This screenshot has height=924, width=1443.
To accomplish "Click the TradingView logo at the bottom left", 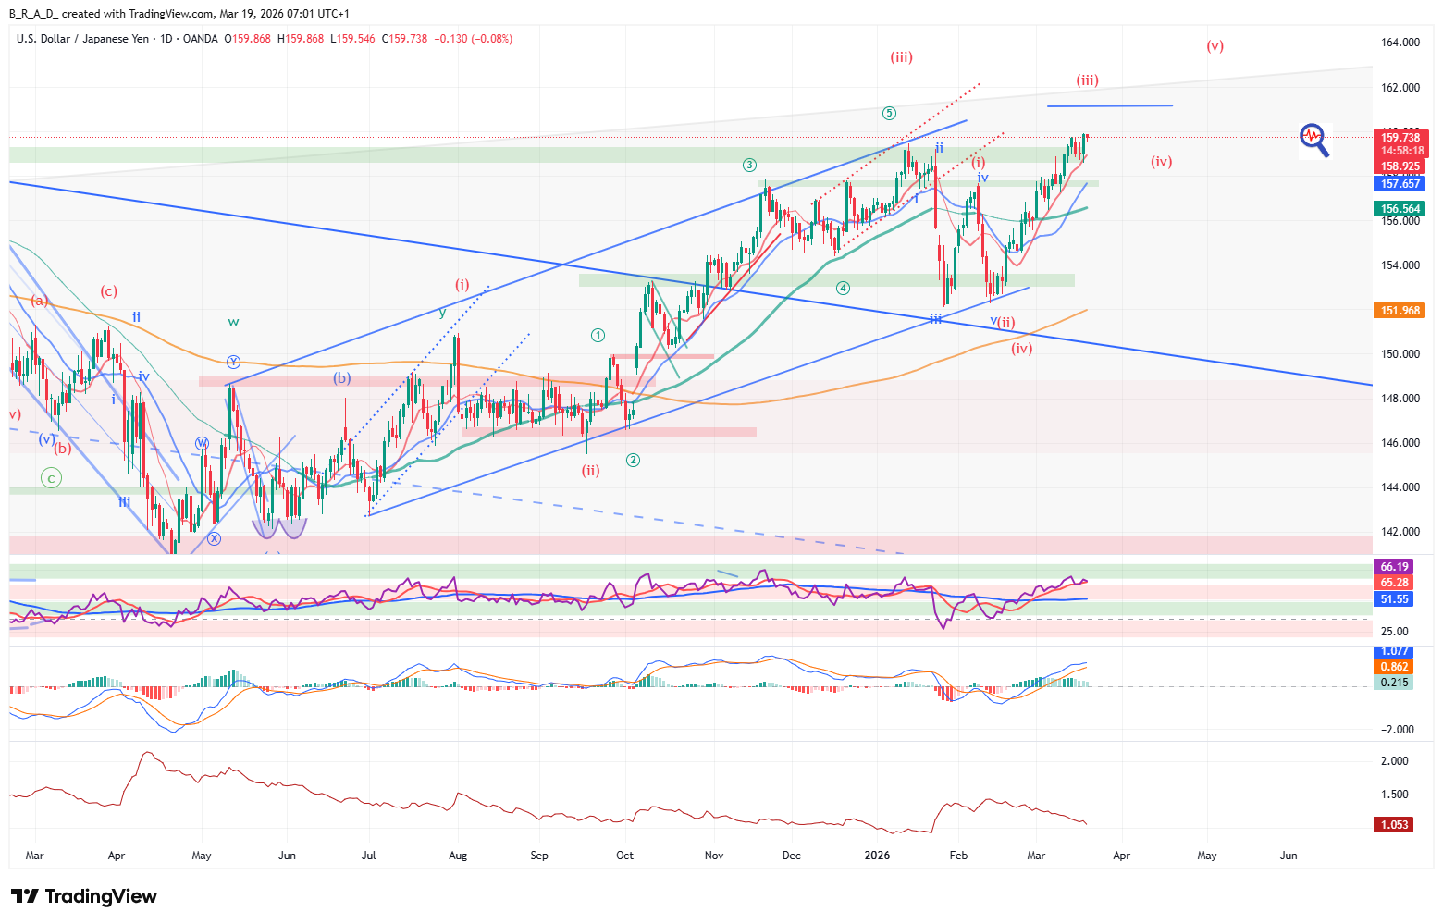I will click(84, 896).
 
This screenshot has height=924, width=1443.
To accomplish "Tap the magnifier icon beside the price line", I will click(1314, 141).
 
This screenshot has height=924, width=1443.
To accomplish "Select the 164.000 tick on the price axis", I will click(1400, 43).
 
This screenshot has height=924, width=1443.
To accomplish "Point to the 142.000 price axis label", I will click(1400, 532).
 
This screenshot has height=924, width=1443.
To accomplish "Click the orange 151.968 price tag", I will click(1400, 311).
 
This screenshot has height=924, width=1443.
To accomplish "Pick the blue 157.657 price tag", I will click(1400, 184).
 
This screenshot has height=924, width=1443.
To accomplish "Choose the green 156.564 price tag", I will click(1400, 209).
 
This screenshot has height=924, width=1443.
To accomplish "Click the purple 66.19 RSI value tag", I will click(1394, 567).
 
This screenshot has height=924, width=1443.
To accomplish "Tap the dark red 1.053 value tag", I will click(1394, 825).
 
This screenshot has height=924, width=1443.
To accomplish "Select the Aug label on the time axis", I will click(458, 856).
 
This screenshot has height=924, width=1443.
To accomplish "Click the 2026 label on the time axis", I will click(877, 856).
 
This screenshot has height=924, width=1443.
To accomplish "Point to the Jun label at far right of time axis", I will click(1288, 856).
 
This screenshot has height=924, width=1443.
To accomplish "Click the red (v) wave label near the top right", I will click(1215, 46).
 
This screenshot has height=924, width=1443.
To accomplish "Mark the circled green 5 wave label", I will click(889, 114).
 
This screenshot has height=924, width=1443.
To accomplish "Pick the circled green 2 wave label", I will click(633, 460).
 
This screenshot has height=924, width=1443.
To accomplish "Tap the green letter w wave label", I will click(233, 322).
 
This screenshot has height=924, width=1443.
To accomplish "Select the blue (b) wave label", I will click(342, 377).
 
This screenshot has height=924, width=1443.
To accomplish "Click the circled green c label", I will click(52, 478).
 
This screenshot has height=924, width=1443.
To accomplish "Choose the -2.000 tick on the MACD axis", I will click(1397, 730).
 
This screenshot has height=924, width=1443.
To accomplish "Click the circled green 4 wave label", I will click(843, 288).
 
